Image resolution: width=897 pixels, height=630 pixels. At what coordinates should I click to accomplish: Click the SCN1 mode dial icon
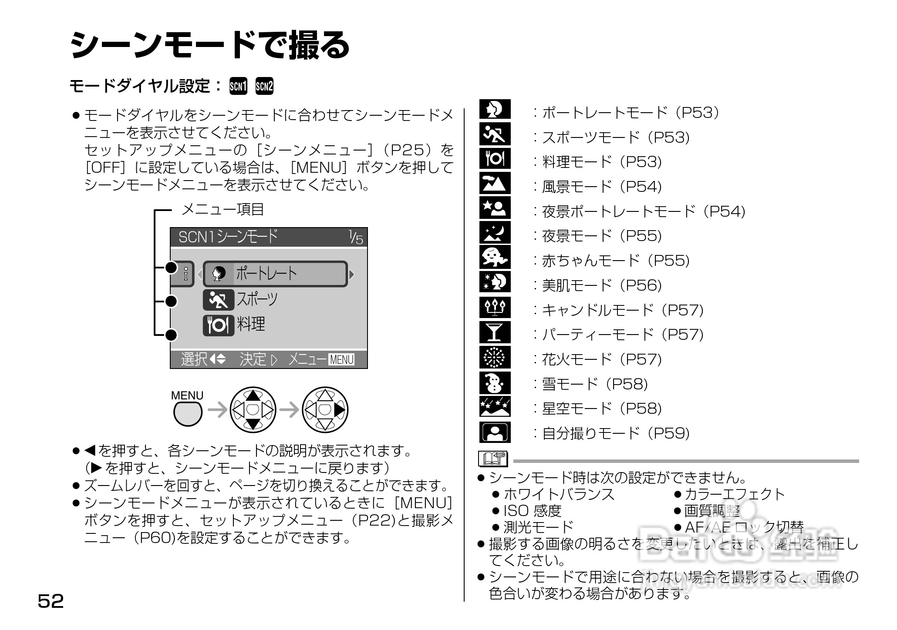pyautogui.click(x=238, y=86)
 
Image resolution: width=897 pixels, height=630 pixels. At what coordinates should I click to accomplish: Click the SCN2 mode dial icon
pyautogui.click(x=264, y=86)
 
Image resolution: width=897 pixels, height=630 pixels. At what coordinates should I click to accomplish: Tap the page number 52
pyautogui.click(x=51, y=601)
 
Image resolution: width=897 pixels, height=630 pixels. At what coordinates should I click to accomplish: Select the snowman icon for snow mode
pyautogui.click(x=495, y=383)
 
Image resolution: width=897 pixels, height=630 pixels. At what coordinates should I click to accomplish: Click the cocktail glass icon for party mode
pyautogui.click(x=495, y=333)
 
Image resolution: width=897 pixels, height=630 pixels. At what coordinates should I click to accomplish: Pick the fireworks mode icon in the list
pyautogui.click(x=495, y=358)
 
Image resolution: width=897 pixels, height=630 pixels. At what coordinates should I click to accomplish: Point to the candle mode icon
pyautogui.click(x=495, y=308)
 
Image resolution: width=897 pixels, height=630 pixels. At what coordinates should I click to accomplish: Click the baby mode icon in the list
pyautogui.click(x=495, y=258)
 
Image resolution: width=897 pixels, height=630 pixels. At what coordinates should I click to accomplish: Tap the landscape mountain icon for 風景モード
pyautogui.click(x=495, y=184)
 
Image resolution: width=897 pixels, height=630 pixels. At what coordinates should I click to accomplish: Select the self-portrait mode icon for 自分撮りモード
pyautogui.click(x=495, y=432)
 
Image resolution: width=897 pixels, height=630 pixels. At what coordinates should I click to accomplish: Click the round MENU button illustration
pyautogui.click(x=188, y=413)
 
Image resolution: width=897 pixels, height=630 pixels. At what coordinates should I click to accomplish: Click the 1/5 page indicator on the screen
pyautogui.click(x=355, y=238)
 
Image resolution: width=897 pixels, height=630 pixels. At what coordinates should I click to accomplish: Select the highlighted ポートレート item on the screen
pyautogui.click(x=275, y=274)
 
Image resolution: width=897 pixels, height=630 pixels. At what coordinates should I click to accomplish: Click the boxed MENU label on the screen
pyautogui.click(x=342, y=359)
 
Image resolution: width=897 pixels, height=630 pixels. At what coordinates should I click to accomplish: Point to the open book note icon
pyautogui.click(x=493, y=459)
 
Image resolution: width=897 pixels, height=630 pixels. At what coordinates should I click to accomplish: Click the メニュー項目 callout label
pyautogui.click(x=223, y=210)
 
